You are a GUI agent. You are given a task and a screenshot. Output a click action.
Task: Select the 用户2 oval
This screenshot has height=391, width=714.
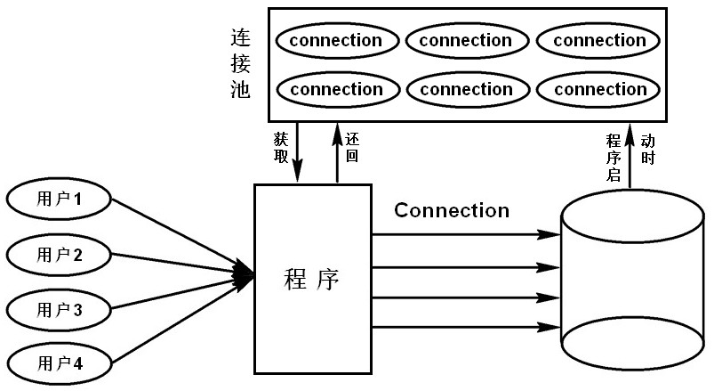pos(59,255)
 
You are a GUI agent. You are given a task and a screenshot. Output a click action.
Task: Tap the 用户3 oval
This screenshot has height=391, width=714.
pos(59,309)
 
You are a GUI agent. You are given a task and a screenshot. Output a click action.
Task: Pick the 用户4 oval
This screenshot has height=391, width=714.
pos(59,363)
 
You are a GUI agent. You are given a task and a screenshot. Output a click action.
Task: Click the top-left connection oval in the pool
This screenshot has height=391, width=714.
pos(335,41)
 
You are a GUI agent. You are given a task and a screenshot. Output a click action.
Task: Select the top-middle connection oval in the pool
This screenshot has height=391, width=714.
pos(466,41)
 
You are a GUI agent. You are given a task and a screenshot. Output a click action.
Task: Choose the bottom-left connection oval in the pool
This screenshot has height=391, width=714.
pos(335,90)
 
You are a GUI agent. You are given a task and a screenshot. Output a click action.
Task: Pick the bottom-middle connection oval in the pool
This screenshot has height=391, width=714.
pos(466,90)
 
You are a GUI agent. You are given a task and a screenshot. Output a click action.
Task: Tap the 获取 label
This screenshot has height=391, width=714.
pos(281,148)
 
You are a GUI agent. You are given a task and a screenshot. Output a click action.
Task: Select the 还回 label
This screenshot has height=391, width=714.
pos(352,148)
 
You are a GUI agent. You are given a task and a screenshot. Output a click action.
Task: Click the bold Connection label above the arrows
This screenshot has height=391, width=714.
pos(452,211)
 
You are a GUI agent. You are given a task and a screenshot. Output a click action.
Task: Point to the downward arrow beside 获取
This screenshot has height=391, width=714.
pos(298,151)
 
